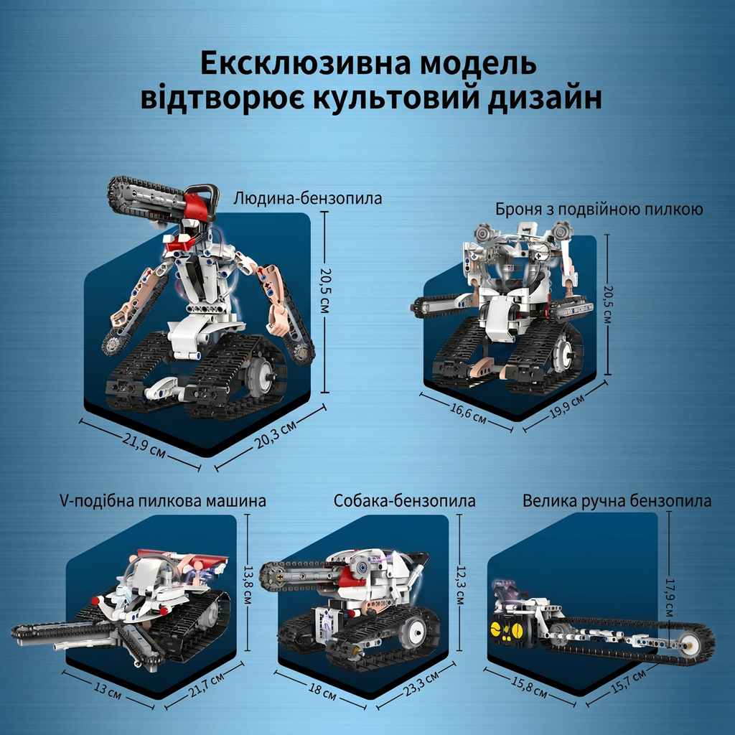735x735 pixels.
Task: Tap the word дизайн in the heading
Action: point(545,99)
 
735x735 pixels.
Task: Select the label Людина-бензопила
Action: point(307,198)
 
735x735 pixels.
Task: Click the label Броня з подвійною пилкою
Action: point(599,209)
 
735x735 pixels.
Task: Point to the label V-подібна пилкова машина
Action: point(163,500)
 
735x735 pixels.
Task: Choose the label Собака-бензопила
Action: point(405,500)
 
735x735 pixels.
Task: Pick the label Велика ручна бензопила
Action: point(617,500)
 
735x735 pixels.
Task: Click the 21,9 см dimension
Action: point(144,445)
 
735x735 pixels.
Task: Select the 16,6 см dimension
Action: point(468,411)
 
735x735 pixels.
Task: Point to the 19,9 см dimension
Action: point(567,406)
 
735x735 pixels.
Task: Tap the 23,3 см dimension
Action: point(421,683)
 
